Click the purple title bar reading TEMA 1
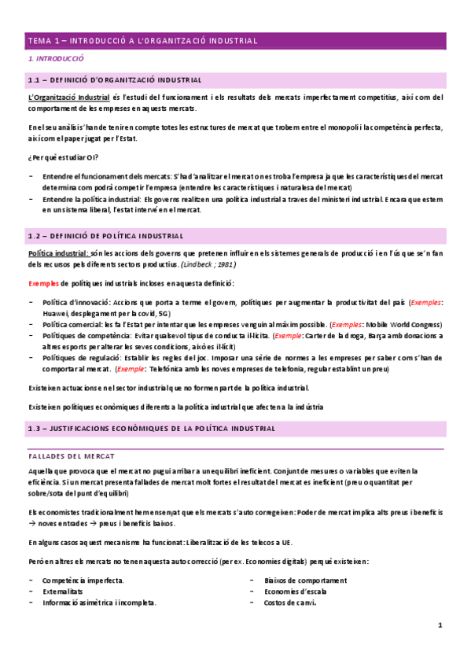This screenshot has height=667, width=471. point(235,40)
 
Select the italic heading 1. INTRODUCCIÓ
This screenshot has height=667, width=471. point(56,60)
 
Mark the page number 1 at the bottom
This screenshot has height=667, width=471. point(440,625)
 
